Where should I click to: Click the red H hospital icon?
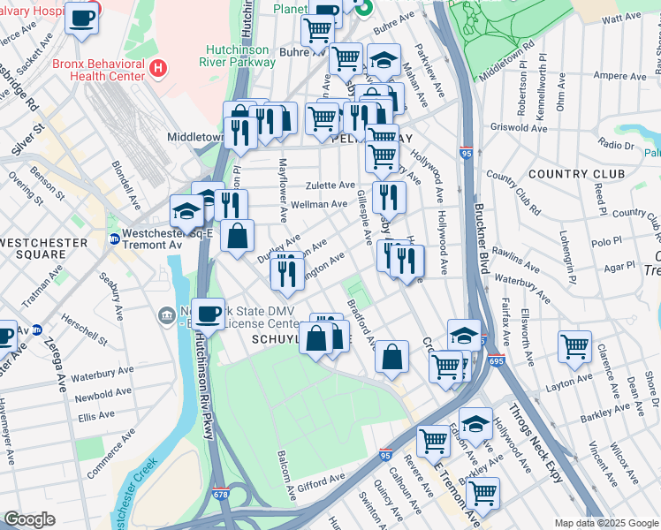pos(158,67)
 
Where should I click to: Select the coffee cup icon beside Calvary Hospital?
pos(82,19)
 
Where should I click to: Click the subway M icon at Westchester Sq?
pos(114,238)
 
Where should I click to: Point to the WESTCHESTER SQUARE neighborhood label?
pos(44,248)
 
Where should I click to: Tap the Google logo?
pos(29,519)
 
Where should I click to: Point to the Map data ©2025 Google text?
pos(605,523)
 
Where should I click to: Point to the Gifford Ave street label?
pos(321,480)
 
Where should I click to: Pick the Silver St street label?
pos(27,140)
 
